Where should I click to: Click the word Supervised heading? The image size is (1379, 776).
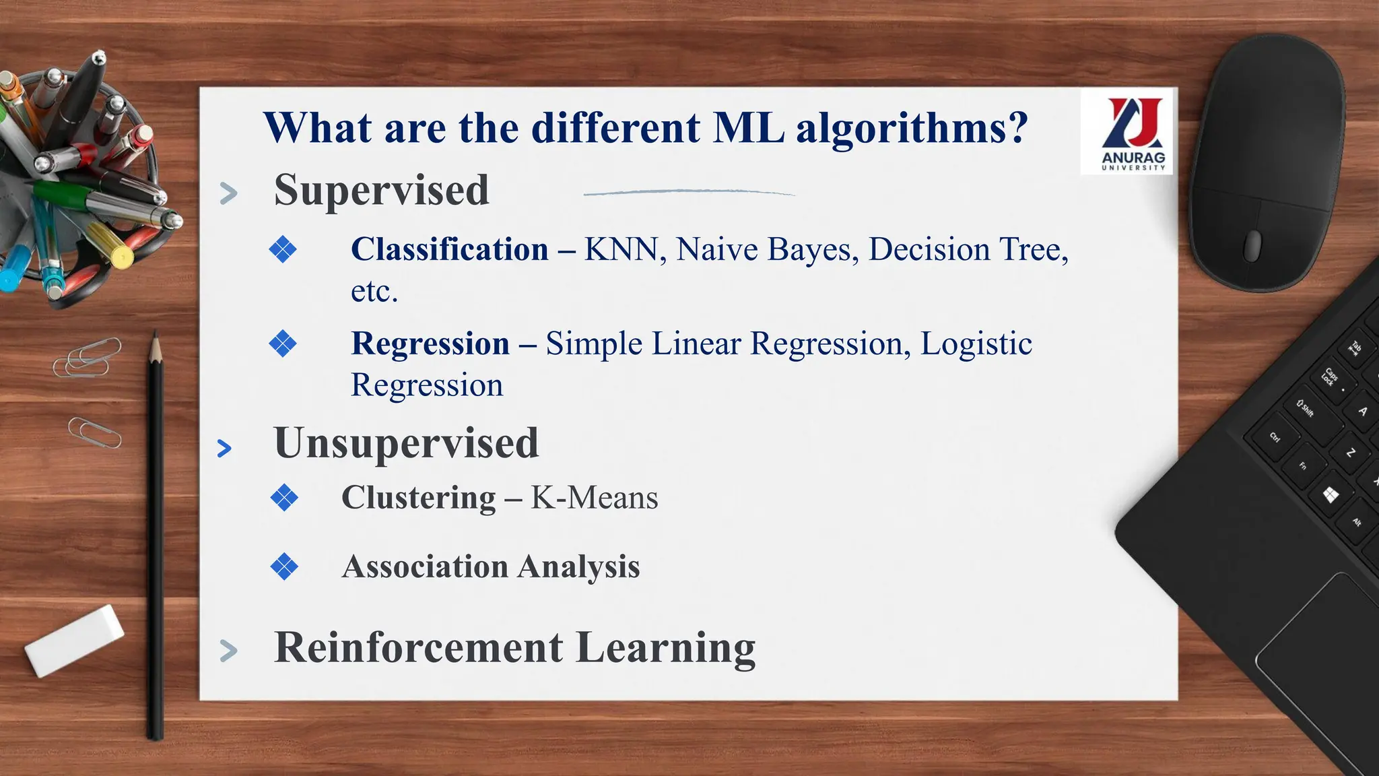pos(381,191)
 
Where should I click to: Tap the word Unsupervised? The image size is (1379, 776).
pos(406,444)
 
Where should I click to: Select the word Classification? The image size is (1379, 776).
pos(449,250)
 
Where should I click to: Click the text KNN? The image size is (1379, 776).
pos(620,250)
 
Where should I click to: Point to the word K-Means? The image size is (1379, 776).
pos(594,498)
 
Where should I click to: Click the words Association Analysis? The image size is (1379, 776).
pos(490,567)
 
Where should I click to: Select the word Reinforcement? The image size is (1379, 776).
pos(418,648)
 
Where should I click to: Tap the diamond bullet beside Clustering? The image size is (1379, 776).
pos(284,498)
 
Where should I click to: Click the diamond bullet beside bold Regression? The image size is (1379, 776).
pos(283,344)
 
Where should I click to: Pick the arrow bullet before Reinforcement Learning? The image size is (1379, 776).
pos(229,651)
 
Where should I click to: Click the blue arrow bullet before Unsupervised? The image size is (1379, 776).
pos(225,449)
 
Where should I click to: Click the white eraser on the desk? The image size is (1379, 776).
pos(74,640)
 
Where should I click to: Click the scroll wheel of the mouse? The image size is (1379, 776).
pos(1252,245)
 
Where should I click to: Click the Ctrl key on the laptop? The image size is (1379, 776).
pos(1275,438)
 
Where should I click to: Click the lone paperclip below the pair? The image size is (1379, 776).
pos(94,432)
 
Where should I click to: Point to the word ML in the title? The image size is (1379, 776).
pos(748,128)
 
